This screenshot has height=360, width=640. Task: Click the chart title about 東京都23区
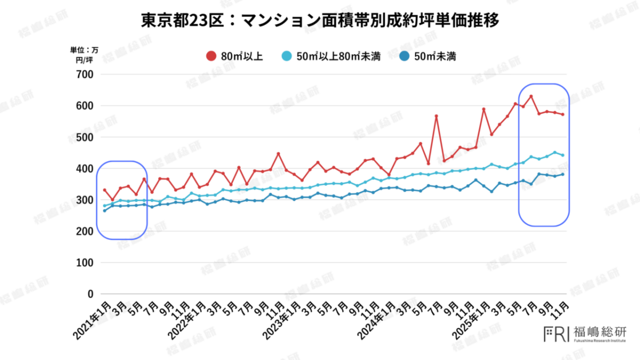pos(320,21)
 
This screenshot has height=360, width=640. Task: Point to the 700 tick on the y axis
pos(84,74)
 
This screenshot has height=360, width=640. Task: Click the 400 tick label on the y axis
pos(84,169)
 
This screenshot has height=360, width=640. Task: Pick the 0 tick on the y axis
pos(90,294)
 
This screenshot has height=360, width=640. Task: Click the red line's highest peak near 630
pos(531,96)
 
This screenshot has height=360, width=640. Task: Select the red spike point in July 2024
pos(436,116)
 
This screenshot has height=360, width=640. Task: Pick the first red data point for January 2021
pos(105,190)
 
